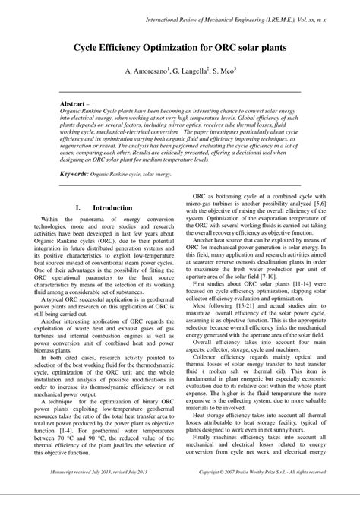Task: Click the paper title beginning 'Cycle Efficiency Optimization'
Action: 180,46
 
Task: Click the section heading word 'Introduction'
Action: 112,207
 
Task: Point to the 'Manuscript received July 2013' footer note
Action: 103,493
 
